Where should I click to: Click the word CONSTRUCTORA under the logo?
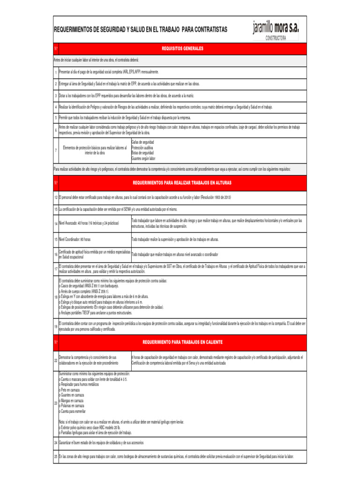(x=276, y=38)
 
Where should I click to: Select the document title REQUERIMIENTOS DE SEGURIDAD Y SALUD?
(x=141, y=30)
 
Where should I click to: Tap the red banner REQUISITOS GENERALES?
(x=182, y=48)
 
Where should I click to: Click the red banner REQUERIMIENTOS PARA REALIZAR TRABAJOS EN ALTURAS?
(x=182, y=182)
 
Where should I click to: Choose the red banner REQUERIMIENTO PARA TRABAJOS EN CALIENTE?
(x=182, y=342)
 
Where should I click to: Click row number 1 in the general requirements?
(x=55, y=72)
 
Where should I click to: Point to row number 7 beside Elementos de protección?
(x=55, y=150)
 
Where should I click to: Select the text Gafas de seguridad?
(x=142, y=142)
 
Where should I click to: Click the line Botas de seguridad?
(x=142, y=153)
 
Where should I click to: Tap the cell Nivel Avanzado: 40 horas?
(x=89, y=223)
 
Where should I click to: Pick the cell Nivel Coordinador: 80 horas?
(x=75, y=240)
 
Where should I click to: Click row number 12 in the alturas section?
(x=55, y=198)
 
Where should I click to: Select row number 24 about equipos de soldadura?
(x=55, y=442)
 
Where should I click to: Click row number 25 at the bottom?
(x=55, y=457)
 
